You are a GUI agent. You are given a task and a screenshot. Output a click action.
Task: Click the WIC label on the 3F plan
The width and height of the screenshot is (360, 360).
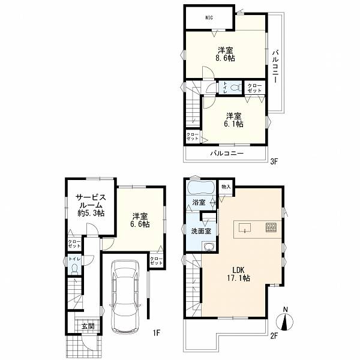click(x=209, y=17)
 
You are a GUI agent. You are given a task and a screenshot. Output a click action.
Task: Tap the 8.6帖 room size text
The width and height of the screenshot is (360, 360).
click(x=225, y=58)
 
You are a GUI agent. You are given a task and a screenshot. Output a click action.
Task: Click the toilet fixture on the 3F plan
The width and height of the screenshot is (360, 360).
click(x=236, y=88)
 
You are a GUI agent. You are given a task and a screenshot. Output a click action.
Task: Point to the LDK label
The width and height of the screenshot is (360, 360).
click(x=239, y=269)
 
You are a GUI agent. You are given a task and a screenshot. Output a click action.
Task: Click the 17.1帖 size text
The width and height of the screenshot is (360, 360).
click(x=239, y=278)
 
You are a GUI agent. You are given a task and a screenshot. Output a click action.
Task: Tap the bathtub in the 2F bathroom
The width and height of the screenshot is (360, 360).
click(x=201, y=188)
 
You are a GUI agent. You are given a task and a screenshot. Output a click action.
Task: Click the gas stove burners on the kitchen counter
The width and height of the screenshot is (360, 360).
click(x=271, y=227)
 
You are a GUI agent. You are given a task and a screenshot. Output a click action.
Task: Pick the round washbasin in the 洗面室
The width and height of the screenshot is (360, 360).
click(x=209, y=247)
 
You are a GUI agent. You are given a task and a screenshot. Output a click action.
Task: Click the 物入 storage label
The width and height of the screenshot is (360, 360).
click(x=226, y=187)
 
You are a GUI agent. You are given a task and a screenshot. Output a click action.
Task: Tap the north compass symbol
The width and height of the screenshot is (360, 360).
click(x=285, y=320)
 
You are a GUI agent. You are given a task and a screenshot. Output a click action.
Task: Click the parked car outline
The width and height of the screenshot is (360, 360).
click(x=125, y=296)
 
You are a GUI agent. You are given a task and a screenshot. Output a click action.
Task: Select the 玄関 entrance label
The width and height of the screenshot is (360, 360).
click(x=88, y=326)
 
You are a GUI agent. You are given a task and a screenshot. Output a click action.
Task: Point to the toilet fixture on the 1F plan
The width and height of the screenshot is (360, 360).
click(x=74, y=269)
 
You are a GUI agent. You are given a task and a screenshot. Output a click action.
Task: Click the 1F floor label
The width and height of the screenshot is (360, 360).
click(x=157, y=332)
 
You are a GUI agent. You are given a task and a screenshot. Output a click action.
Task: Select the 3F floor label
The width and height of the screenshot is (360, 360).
click(x=274, y=162)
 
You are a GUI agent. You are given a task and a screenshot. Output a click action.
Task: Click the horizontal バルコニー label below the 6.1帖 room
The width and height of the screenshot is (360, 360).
click(x=227, y=153)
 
